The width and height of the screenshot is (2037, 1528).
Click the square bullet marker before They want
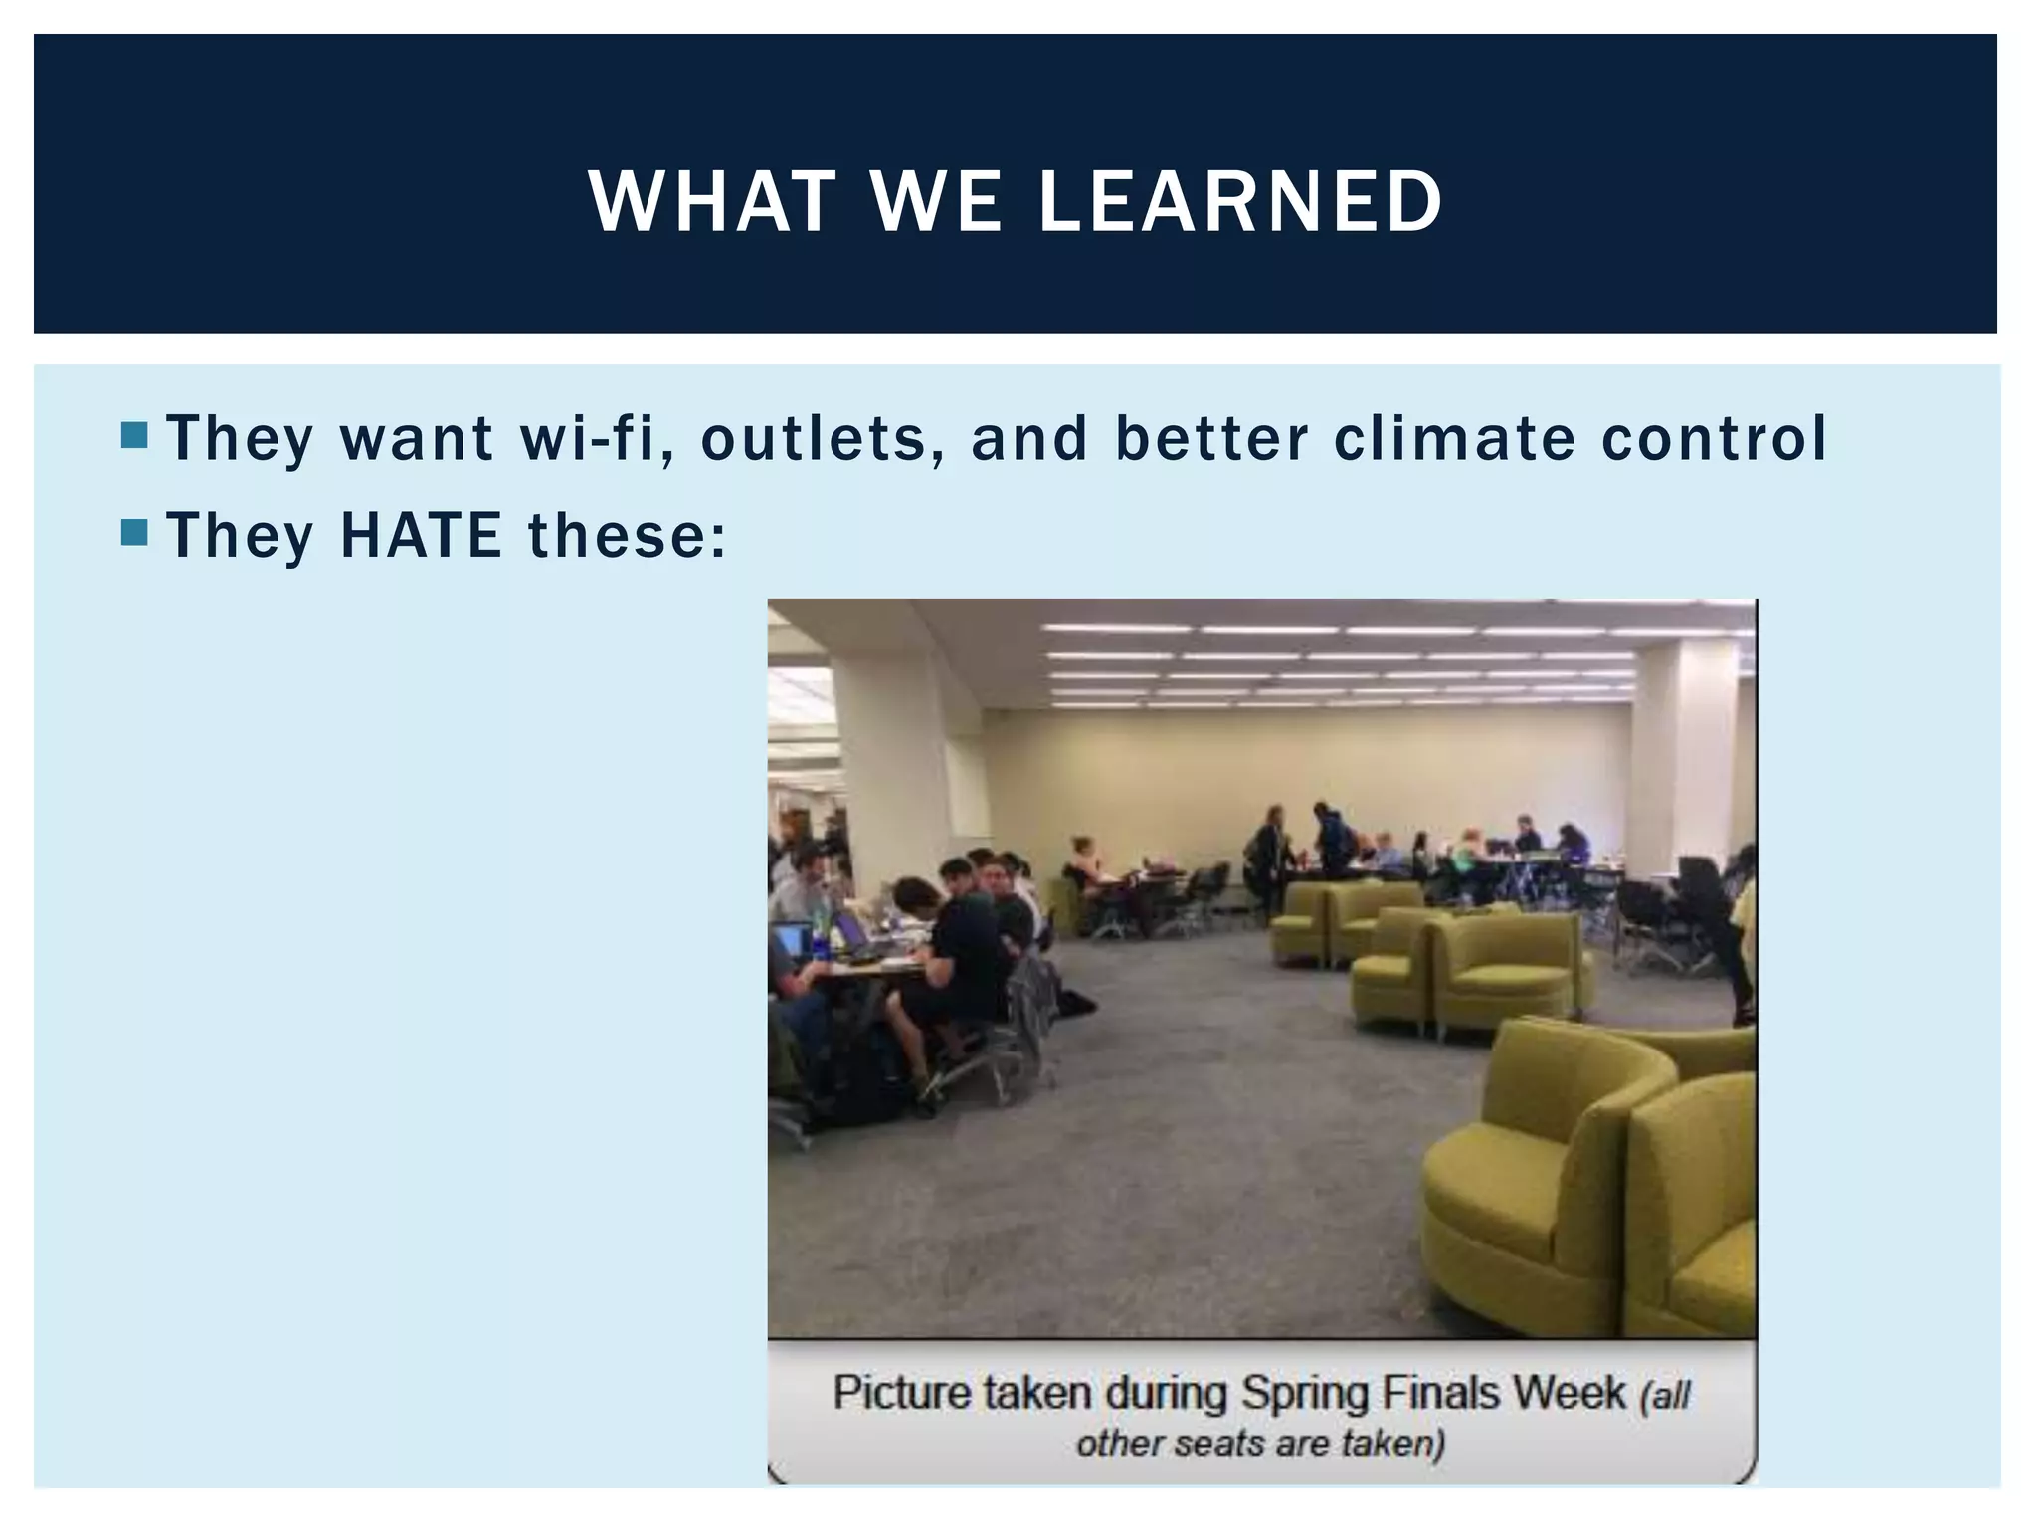133,435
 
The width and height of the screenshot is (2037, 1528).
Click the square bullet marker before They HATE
133,533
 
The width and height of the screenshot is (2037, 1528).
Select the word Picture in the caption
902,1392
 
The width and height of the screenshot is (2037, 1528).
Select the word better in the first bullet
1210,438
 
